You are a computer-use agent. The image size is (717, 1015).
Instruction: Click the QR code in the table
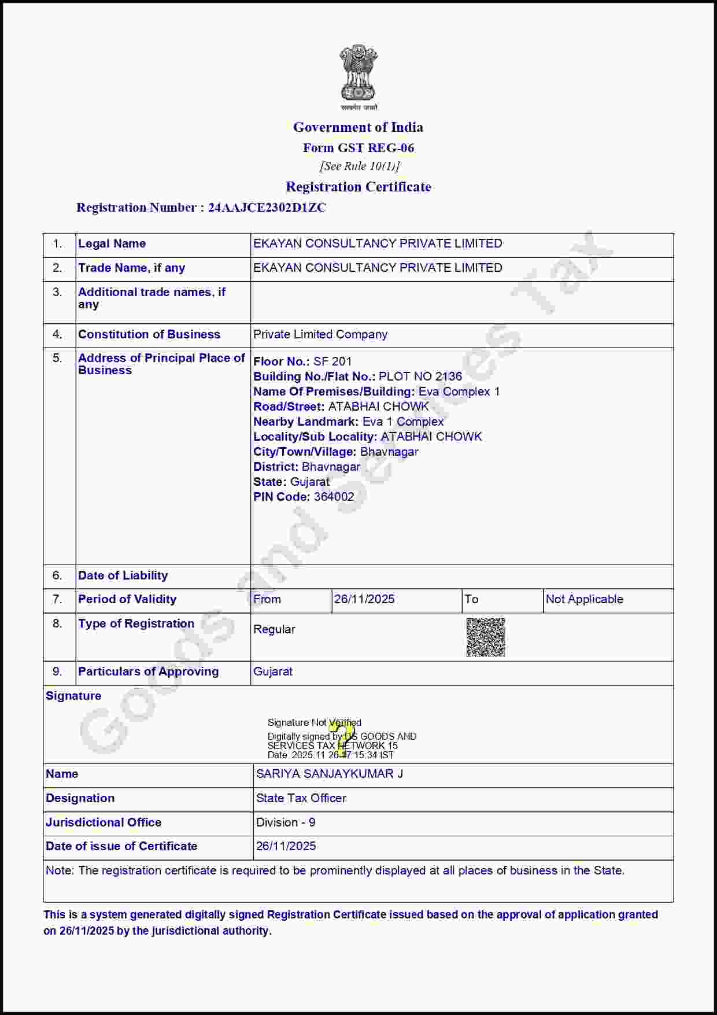point(486,637)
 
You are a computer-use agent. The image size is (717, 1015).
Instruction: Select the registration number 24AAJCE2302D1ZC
point(267,208)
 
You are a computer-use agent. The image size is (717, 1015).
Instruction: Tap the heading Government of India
point(358,127)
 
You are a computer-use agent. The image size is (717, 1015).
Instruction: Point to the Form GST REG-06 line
point(358,148)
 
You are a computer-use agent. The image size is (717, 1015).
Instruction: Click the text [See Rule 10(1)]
point(359,167)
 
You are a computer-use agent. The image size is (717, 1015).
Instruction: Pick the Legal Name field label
point(112,243)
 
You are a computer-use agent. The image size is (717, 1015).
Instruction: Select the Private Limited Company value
point(320,334)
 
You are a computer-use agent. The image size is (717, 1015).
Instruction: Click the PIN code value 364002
point(334,497)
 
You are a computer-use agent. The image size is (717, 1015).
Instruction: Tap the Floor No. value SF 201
point(332,361)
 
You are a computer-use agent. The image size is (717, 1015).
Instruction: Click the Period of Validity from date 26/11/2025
point(364,599)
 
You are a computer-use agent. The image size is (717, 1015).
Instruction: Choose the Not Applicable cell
point(584,599)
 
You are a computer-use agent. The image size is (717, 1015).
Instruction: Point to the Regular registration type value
point(274,629)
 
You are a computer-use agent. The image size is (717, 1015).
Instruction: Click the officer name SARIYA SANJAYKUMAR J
point(330,774)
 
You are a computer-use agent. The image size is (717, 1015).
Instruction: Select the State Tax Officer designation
point(301,798)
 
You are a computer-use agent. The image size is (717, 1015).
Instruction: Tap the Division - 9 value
point(286,822)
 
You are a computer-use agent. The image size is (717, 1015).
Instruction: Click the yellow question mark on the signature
point(345,737)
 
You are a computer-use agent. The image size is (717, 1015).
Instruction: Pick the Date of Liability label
point(123,575)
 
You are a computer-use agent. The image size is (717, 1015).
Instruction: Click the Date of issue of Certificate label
point(121,846)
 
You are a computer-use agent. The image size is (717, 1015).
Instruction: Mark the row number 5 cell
point(57,358)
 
